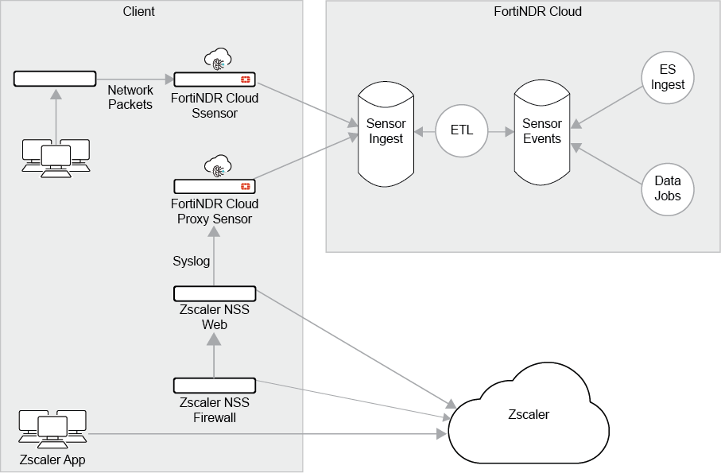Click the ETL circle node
462,130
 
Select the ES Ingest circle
667,78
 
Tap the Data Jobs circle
667,188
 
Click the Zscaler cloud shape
528,415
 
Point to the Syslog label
192,261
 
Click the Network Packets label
130,97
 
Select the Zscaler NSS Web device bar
215,293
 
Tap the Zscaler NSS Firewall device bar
215,386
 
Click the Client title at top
139,11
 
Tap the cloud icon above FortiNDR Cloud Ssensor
216,59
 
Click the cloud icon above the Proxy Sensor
216,167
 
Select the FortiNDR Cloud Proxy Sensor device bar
215,187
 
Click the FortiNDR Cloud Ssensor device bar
215,79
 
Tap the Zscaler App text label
52,459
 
